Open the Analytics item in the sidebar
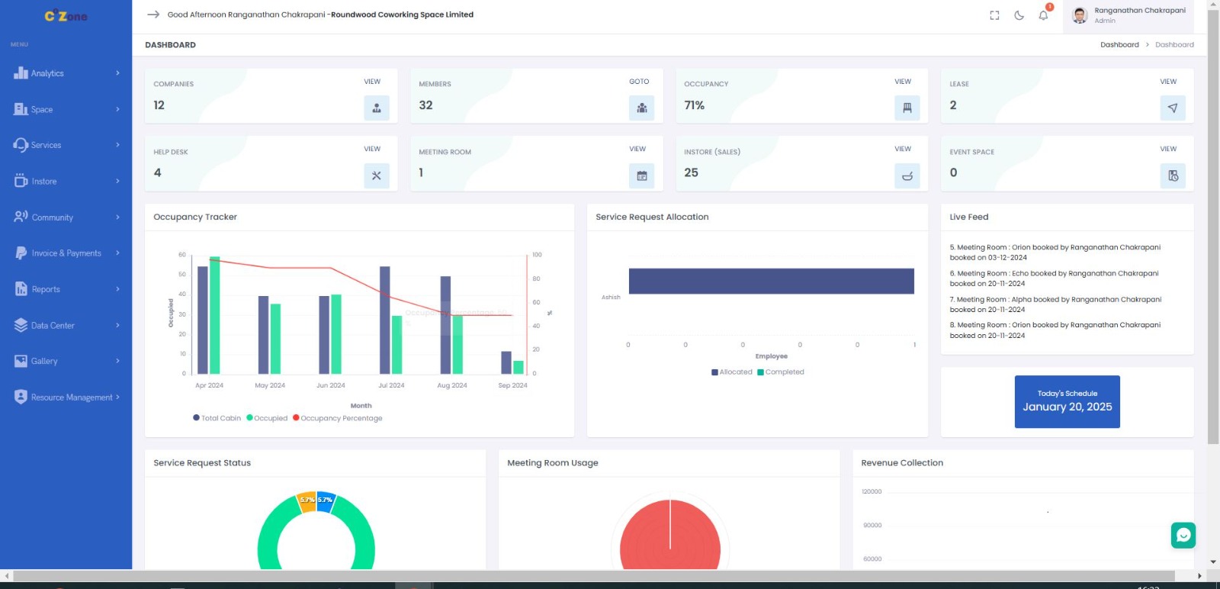(47, 73)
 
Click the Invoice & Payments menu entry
(66, 253)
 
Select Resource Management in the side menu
(71, 397)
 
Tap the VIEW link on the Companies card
(372, 82)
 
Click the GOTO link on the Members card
(639, 82)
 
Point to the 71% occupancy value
(695, 105)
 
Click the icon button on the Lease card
(1172, 108)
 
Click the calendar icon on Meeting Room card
(642, 176)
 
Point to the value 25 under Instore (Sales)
(691, 173)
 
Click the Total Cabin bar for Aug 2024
(445, 324)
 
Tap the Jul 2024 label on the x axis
(391, 385)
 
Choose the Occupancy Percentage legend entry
(341, 418)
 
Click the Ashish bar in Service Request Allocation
(771, 281)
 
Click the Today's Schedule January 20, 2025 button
(1067, 401)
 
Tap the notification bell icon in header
(1043, 15)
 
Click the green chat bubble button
(1183, 536)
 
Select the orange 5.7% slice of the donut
(307, 501)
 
